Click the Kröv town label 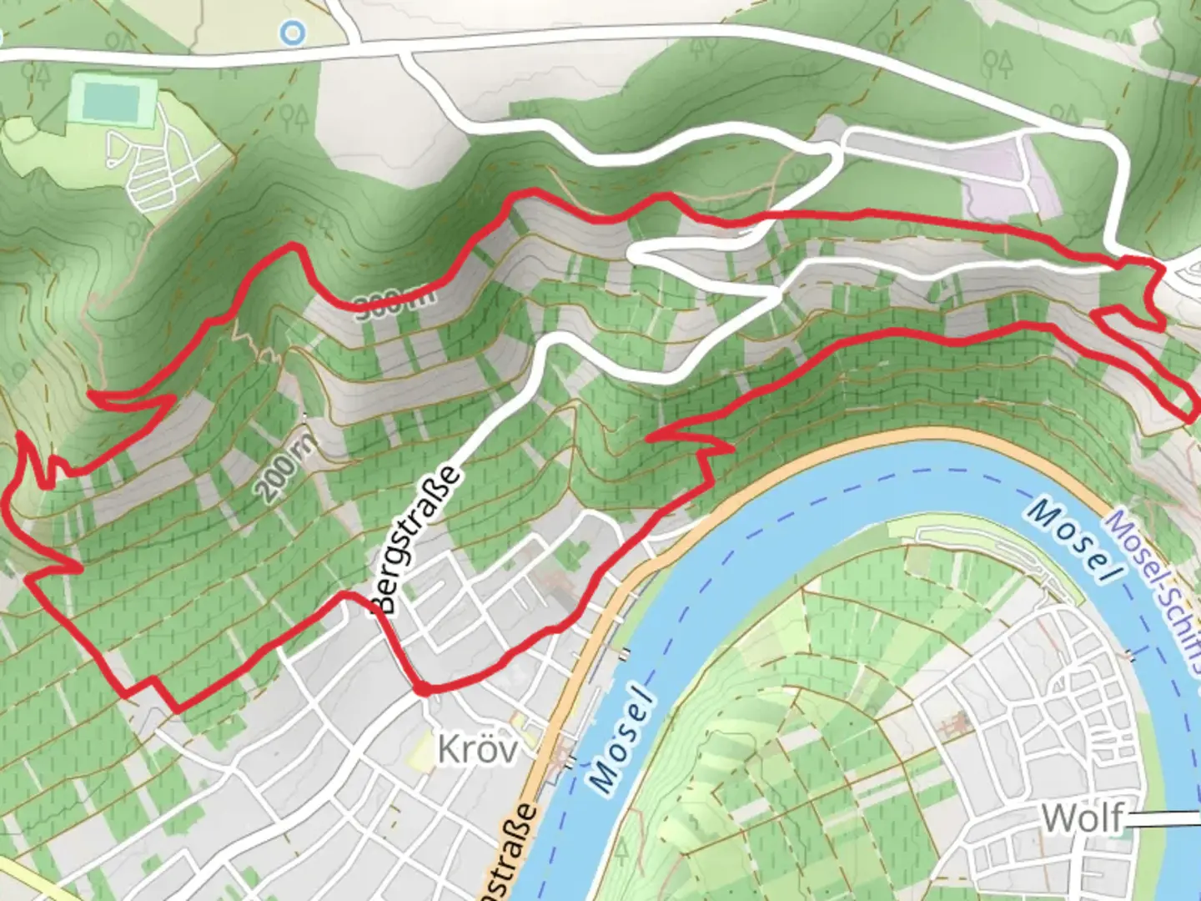pos(477,749)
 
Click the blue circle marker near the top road pos(293,33)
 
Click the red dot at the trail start pos(424,689)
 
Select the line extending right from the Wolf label pos(1163,820)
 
